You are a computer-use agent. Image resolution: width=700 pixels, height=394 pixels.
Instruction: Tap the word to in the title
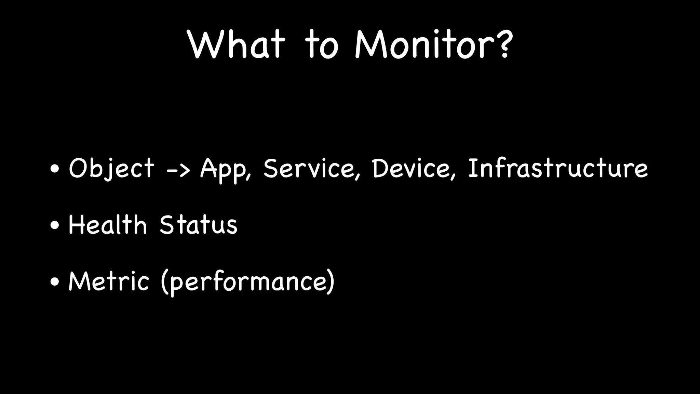(322, 45)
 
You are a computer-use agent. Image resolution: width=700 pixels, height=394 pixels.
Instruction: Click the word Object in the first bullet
(111, 168)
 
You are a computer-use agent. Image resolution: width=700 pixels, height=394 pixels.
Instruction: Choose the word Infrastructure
(557, 168)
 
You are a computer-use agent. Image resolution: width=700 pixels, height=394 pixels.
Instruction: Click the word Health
(108, 225)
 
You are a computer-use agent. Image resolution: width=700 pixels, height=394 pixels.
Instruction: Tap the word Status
(198, 225)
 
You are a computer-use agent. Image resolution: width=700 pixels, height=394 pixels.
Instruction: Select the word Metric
(109, 281)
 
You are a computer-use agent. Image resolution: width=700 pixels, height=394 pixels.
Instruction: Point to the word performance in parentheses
(248, 283)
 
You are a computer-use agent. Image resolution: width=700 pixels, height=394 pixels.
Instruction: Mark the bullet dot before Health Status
(55, 225)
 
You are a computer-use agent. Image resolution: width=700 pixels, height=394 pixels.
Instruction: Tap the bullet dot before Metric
(55, 282)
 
